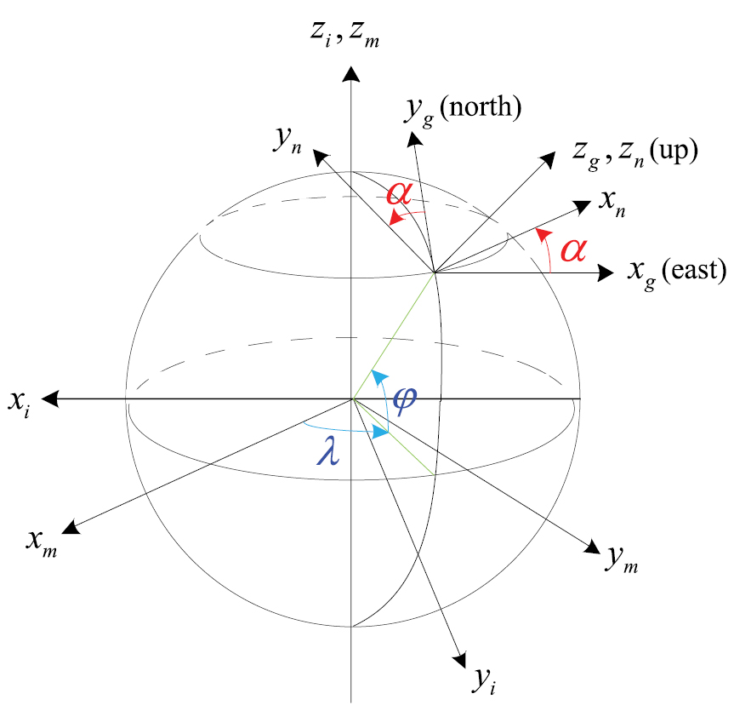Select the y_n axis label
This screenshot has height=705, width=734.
pos(287,141)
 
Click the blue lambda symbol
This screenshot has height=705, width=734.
pos(327,452)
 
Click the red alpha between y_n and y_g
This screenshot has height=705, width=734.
pos(400,193)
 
